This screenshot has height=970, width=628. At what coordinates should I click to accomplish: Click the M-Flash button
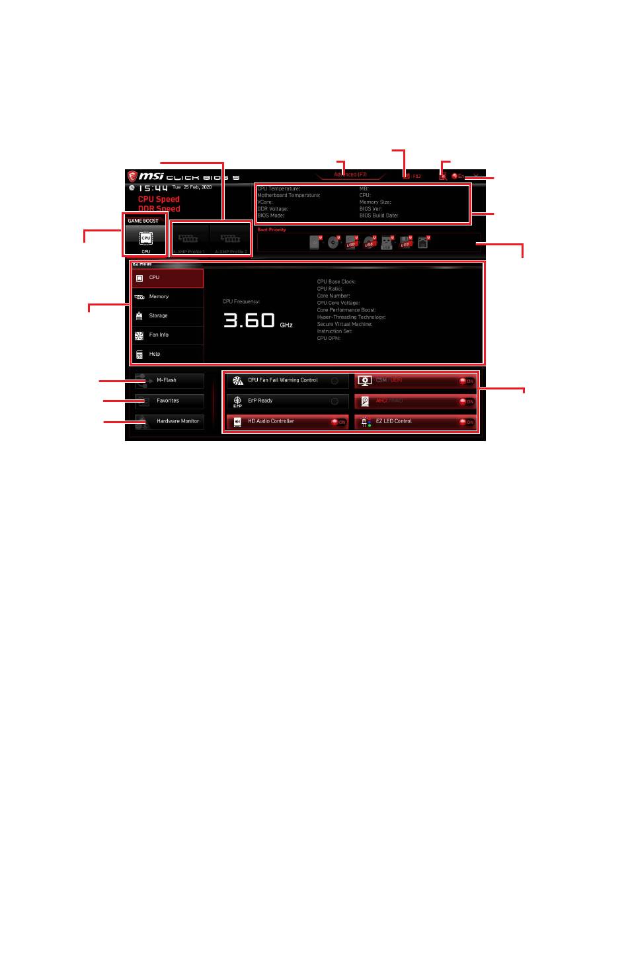coord(170,380)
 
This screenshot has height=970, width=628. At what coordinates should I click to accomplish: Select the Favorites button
coord(170,401)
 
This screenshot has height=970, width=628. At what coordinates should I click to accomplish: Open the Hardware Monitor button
coord(170,421)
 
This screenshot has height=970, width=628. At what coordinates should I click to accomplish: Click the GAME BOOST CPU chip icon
coord(145,238)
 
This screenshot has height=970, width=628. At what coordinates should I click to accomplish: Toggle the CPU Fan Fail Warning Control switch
coord(334,381)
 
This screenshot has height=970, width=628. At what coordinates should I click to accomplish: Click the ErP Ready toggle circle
coord(334,401)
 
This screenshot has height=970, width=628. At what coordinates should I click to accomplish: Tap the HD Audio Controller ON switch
coord(338,422)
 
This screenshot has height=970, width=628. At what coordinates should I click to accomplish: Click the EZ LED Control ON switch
coord(467,422)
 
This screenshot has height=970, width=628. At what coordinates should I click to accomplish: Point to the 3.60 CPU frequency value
coord(249,321)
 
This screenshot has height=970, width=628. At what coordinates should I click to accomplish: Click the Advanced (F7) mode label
coord(350,175)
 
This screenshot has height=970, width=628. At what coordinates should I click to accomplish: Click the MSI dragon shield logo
coord(132,177)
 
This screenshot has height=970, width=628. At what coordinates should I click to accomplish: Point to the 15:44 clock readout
coord(153,188)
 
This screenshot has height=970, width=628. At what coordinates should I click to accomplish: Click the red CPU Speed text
coord(159,199)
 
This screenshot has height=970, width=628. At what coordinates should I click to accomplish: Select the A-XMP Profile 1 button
coord(191,239)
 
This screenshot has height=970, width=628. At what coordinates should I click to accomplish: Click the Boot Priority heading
coord(272,229)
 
